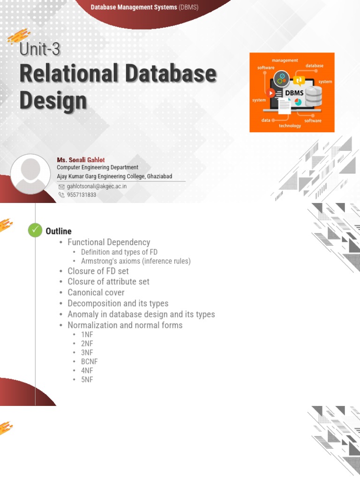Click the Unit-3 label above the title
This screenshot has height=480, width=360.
(40, 49)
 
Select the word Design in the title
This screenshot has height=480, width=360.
(53, 100)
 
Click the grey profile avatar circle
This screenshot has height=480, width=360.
(31, 174)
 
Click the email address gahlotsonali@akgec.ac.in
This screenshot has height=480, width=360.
(97, 186)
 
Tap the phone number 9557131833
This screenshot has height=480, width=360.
(82, 195)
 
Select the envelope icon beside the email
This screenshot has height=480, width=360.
(61, 187)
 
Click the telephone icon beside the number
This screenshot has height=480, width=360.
(61, 195)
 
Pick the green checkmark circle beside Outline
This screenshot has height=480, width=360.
(35, 230)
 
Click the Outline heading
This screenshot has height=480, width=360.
(59, 231)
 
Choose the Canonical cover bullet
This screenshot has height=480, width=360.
(96, 292)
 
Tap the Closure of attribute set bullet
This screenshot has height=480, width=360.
(108, 282)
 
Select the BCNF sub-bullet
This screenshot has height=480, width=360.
(89, 361)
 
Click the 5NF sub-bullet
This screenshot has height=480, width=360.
(87, 380)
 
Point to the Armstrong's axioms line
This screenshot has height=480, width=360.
(135, 261)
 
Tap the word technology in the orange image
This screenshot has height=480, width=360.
(290, 126)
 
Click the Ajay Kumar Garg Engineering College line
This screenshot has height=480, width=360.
(114, 176)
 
